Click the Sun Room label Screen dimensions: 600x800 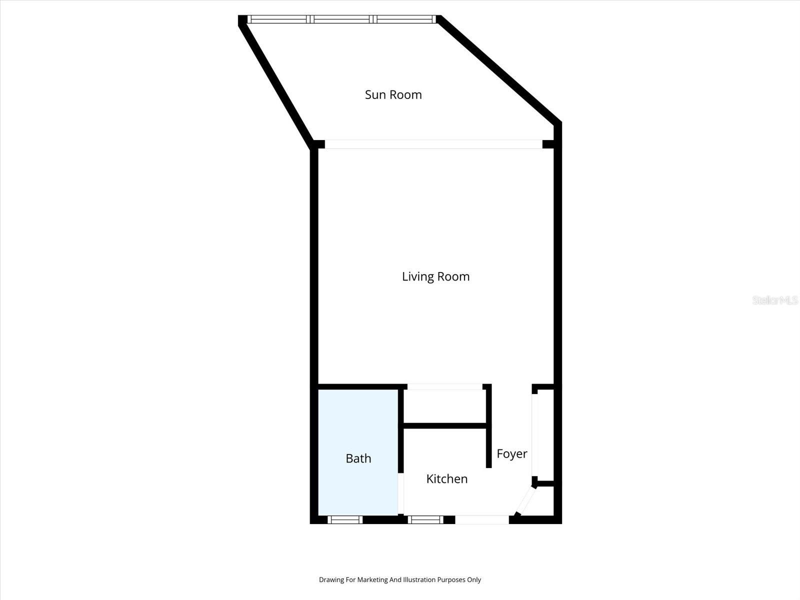click(x=393, y=94)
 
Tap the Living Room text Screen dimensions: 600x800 click(x=435, y=276)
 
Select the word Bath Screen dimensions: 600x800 click(x=358, y=458)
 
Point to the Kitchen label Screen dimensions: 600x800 click(x=446, y=478)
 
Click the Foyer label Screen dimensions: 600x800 click(x=511, y=453)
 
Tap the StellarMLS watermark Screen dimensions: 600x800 click(x=774, y=300)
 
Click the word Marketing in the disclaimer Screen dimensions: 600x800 click(x=371, y=580)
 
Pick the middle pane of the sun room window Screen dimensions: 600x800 click(x=342, y=19)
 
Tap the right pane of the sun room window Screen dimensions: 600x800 click(x=405, y=19)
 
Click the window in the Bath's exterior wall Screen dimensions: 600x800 click(x=345, y=520)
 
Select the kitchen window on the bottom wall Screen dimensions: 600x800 click(x=425, y=520)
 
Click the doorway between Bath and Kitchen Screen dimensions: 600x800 click(x=401, y=493)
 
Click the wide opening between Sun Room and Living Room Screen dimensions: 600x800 click(x=433, y=144)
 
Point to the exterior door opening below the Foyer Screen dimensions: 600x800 click(x=482, y=520)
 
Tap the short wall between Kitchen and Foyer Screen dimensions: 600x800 click(x=489, y=447)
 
